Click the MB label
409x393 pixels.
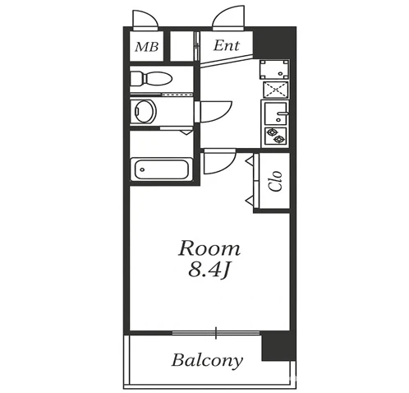point(147,47)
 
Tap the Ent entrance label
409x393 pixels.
point(227,45)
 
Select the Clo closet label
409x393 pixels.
point(275,181)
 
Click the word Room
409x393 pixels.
point(209,248)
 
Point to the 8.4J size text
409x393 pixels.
point(209,270)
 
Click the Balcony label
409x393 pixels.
point(207,360)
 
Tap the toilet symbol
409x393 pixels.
point(151,79)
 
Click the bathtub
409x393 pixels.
point(162,169)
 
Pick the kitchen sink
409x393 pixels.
point(275,113)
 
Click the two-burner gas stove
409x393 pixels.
point(275,136)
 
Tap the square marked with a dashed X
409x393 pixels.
point(275,90)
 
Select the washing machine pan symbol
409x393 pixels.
point(274,69)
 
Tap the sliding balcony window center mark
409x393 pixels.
point(216,333)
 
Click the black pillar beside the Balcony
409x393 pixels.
point(278,346)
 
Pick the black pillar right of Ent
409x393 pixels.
point(274,43)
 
